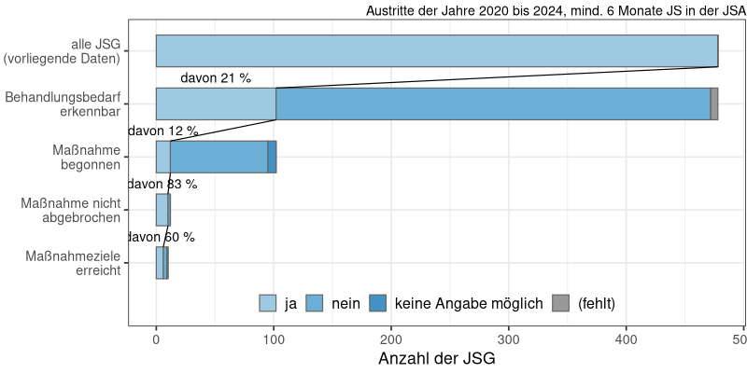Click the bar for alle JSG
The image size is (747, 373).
[436, 50]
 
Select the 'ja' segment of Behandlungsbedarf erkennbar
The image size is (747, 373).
[216, 104]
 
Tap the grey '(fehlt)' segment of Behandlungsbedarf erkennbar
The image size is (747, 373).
[714, 104]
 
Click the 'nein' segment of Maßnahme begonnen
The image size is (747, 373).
[218, 157]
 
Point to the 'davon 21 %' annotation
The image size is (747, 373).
[216, 78]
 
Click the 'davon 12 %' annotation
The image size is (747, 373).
[162, 131]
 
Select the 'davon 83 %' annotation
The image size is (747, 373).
[162, 185]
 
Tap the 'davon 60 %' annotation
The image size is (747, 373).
[161, 238]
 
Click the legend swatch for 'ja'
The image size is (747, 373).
[268, 303]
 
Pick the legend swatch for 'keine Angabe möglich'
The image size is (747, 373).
[378, 303]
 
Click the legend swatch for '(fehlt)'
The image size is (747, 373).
[560, 303]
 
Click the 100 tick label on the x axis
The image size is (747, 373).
[274, 339]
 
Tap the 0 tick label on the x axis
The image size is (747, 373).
[156, 339]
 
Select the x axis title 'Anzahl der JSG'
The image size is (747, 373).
[436, 359]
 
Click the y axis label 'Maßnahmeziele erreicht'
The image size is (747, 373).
[72, 263]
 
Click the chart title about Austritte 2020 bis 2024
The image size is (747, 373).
[556, 11]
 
